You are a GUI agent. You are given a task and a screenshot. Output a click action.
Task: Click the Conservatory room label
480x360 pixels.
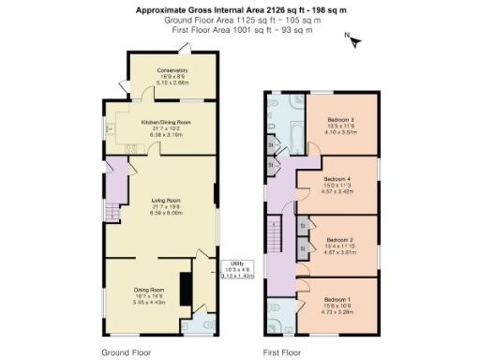pos(172,70)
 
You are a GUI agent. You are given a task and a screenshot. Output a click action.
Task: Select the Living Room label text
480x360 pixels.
pos(165,199)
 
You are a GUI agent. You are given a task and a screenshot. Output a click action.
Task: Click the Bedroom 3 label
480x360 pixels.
pos(340,120)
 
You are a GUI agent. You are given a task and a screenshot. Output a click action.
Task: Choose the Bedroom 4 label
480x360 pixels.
pos(337,178)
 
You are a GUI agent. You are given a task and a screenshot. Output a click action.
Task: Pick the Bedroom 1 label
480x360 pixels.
pos(337,297)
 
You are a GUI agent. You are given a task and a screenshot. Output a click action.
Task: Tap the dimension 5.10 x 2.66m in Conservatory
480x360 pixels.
pos(172,82)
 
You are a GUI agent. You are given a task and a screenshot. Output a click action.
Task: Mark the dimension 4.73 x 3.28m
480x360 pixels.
pos(337,310)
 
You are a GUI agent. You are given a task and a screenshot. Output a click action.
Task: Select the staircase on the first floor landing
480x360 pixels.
pos(275,234)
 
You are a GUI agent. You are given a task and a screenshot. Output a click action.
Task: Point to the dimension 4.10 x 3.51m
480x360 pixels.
pos(340,132)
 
